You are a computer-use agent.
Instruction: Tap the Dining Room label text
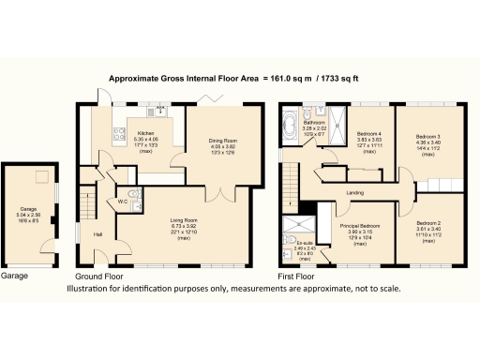click(x=223, y=141)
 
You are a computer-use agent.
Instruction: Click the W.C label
click(x=123, y=201)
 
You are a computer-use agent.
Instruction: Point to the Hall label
click(x=97, y=234)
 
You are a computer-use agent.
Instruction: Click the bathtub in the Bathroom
click(x=289, y=127)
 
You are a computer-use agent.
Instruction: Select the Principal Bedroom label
click(x=360, y=226)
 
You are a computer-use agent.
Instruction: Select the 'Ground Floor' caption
click(x=98, y=277)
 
